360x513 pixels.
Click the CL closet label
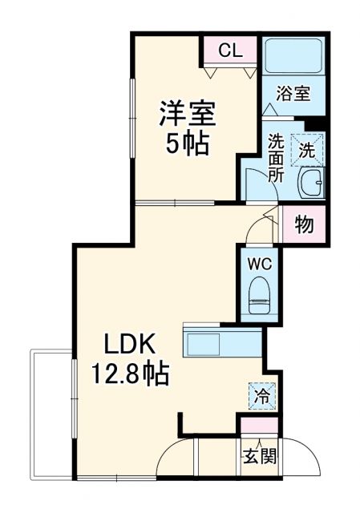click(x=230, y=51)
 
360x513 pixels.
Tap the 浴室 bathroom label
click(x=293, y=94)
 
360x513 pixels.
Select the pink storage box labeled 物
click(x=305, y=224)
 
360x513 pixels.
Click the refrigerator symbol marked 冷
click(x=262, y=394)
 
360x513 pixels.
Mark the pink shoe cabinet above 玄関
click(x=258, y=426)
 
